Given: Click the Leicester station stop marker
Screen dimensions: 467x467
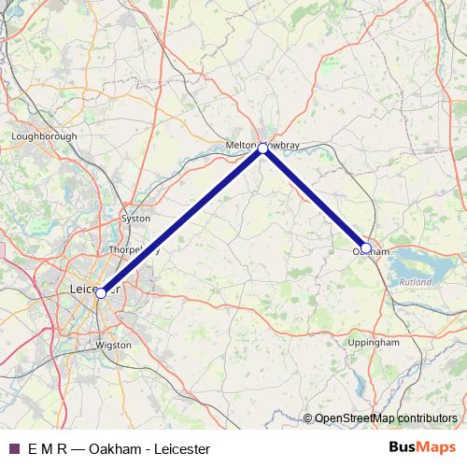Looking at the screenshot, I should [x=101, y=292].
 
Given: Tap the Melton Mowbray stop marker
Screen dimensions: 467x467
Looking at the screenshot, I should [x=264, y=148].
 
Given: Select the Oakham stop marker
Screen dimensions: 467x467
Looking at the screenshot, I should [x=366, y=248].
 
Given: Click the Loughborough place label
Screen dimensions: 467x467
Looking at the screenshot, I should [x=44, y=136].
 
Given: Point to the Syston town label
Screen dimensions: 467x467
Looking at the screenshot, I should [x=135, y=219].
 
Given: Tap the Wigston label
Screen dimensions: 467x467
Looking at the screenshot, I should [x=114, y=345].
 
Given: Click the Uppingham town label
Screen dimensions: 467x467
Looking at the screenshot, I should [x=374, y=343].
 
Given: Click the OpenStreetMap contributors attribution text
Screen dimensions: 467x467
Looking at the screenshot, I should [x=385, y=418].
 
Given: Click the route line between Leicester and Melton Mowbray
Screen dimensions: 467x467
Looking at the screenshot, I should [x=182, y=220].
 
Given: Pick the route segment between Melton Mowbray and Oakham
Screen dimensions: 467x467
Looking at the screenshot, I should [x=316, y=198].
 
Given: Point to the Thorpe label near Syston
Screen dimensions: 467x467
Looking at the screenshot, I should [x=125, y=250].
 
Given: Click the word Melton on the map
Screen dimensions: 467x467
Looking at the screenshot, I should [x=242, y=146].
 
